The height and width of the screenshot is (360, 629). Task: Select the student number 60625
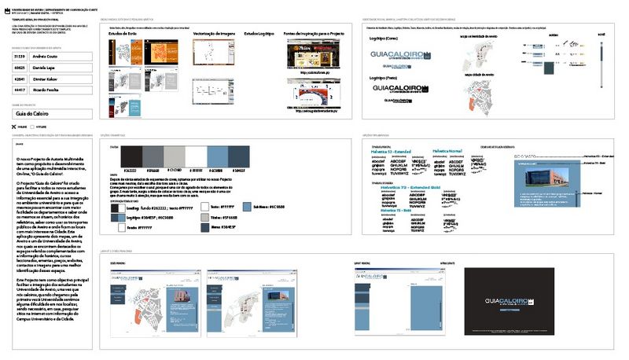tap(20, 68)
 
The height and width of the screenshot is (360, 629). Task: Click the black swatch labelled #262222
tap(131, 156)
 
